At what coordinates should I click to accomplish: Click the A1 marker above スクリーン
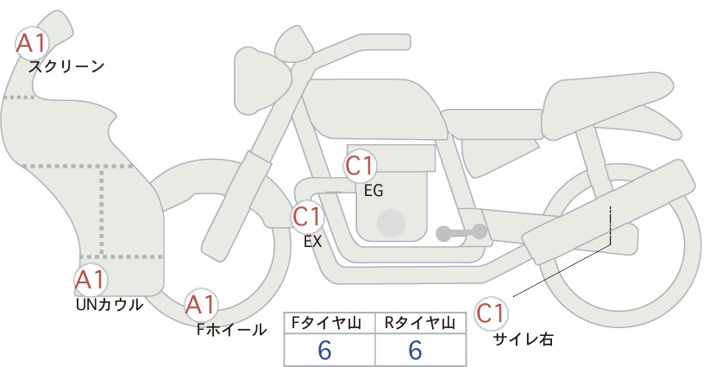pyautogui.click(x=32, y=43)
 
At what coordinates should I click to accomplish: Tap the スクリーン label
pyautogui.click(x=66, y=67)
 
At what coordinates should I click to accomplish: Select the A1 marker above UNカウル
pyautogui.click(x=91, y=281)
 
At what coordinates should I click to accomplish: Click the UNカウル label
pyautogui.click(x=110, y=305)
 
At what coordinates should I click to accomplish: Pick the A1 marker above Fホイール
pyautogui.click(x=201, y=305)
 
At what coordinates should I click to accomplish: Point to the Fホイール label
pyautogui.click(x=231, y=330)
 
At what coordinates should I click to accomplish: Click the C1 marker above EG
pyautogui.click(x=360, y=166)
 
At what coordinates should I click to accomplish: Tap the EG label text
pyautogui.click(x=373, y=191)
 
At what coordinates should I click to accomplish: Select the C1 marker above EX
pyautogui.click(x=307, y=217)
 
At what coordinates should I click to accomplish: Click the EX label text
pyautogui.click(x=313, y=241)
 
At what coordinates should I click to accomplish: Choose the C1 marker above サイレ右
pyautogui.click(x=491, y=313)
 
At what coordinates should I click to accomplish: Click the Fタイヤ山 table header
pyautogui.click(x=326, y=323)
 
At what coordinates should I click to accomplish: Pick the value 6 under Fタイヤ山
pyautogui.click(x=324, y=350)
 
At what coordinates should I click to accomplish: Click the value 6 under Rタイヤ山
pyautogui.click(x=415, y=350)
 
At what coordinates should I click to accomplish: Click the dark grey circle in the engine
pyautogui.click(x=391, y=223)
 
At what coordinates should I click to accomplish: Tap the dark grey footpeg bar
pyautogui.click(x=461, y=232)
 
